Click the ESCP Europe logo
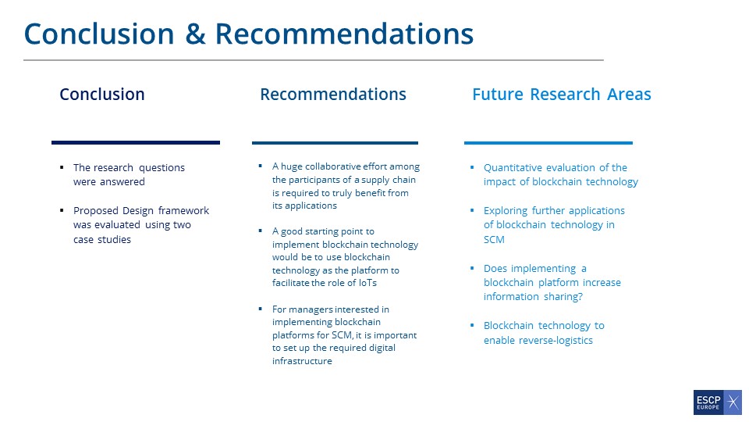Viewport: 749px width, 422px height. [x=718, y=402]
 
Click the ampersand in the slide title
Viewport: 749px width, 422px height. [x=195, y=34]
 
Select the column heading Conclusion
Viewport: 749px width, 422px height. [x=101, y=95]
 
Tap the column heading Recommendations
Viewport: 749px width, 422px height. [x=333, y=95]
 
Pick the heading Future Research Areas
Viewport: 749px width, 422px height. [x=562, y=95]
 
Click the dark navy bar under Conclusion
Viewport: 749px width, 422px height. [x=136, y=142]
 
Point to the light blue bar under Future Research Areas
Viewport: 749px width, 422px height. [x=548, y=142]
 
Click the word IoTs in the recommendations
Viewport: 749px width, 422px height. [x=367, y=283]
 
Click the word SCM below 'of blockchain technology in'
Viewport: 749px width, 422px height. [x=494, y=239]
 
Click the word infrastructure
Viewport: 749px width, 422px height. [x=302, y=361]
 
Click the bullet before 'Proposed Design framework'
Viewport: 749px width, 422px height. [x=62, y=210]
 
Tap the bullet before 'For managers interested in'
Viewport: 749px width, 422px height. [x=261, y=309]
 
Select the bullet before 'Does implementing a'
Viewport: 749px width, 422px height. [x=472, y=268]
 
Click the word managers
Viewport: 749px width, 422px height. [x=307, y=309]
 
